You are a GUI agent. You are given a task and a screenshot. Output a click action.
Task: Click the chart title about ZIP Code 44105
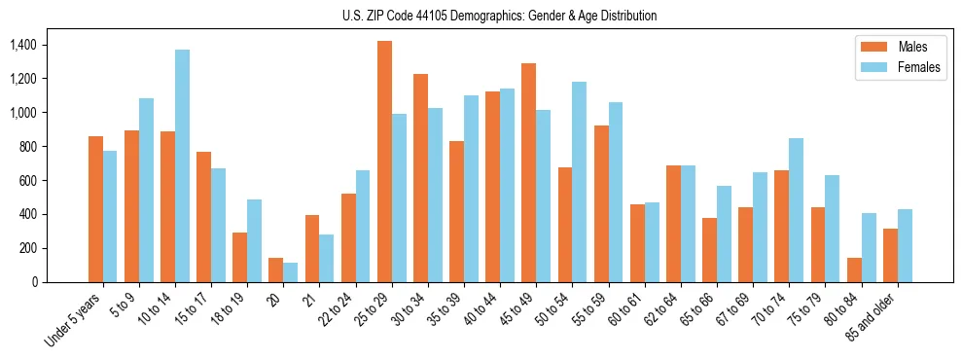click(x=498, y=16)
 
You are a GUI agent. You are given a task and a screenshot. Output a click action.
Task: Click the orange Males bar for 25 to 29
click(x=384, y=162)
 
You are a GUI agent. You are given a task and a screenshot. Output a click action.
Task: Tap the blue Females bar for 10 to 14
click(x=182, y=165)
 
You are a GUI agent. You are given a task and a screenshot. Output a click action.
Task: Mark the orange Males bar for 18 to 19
click(x=239, y=257)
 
